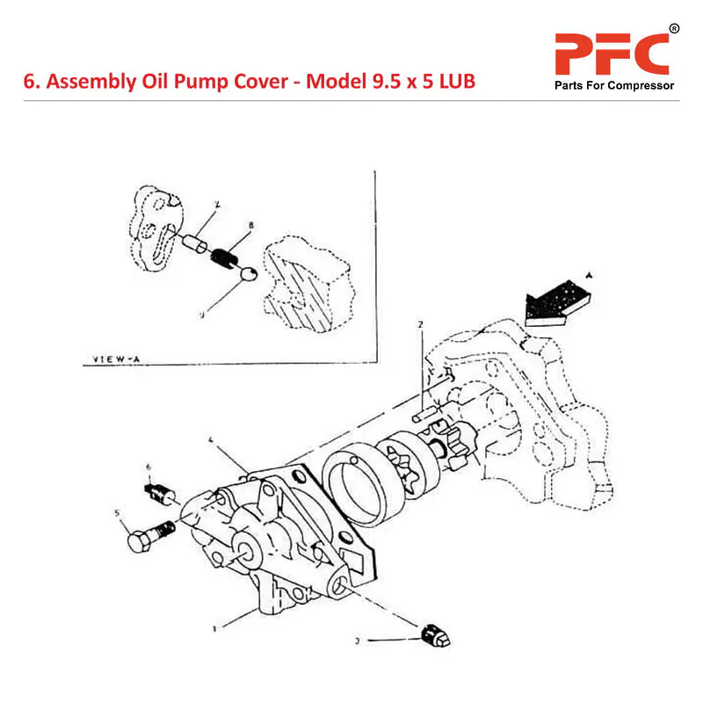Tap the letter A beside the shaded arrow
click(590, 275)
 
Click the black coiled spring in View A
click(226, 257)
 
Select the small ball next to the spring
click(248, 274)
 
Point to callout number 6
click(149, 466)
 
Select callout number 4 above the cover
click(211, 438)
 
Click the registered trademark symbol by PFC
click(674, 29)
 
